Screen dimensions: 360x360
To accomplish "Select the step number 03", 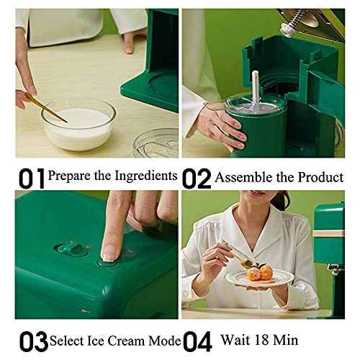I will (31, 339).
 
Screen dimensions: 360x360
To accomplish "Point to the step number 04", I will (197, 339).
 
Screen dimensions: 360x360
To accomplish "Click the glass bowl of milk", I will (78, 123).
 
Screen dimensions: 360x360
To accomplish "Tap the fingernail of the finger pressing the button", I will (108, 252).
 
